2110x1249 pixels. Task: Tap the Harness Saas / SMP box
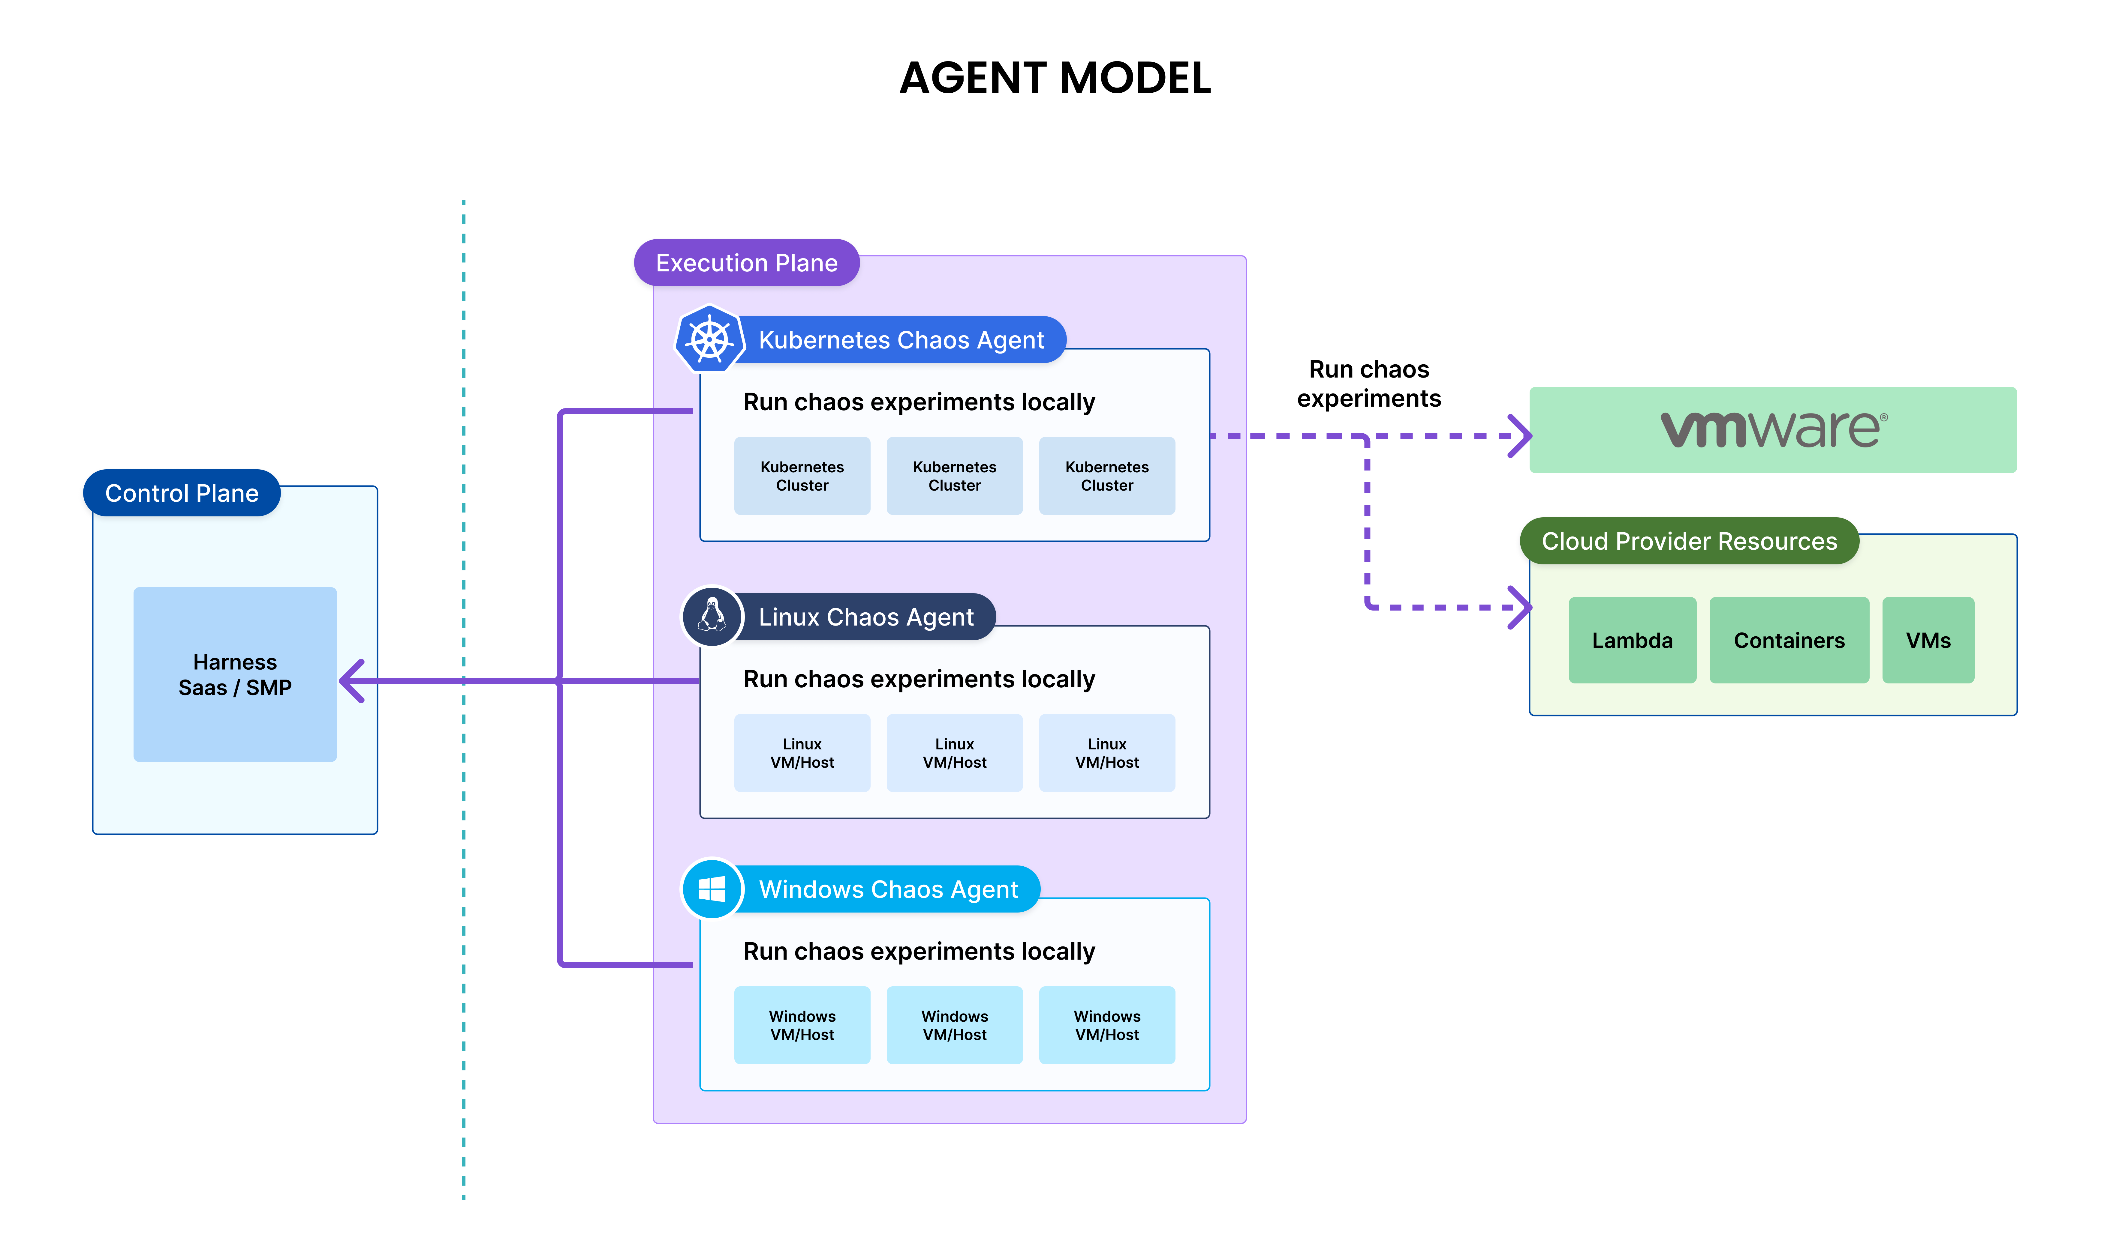(235, 674)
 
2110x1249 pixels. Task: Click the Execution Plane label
(746, 263)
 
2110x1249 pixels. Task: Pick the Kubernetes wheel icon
(710, 339)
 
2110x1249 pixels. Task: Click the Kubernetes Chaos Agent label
(901, 340)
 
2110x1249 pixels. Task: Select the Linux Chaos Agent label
(865, 617)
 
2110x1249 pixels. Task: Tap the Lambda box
(1632, 641)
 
